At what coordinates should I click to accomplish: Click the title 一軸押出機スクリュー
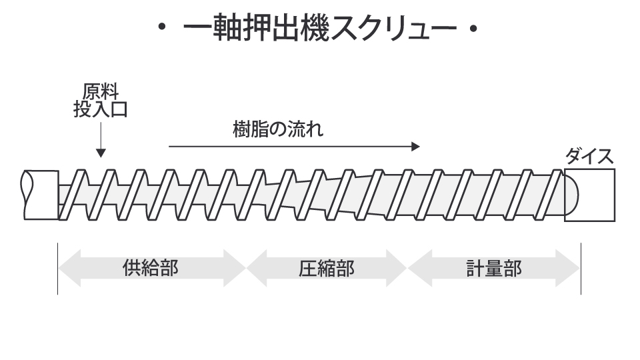(x=319, y=30)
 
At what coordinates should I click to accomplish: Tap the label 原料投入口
(x=100, y=101)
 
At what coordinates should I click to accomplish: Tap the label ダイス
(x=589, y=157)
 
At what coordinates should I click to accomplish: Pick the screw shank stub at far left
(x=40, y=195)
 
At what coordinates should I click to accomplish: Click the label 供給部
(x=151, y=268)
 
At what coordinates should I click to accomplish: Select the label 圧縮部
(x=326, y=268)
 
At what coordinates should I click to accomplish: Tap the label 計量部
(x=493, y=268)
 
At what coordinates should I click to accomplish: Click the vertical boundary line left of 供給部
(x=57, y=268)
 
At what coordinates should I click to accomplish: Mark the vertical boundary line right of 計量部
(x=581, y=268)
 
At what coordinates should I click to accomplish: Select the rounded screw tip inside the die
(x=572, y=195)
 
